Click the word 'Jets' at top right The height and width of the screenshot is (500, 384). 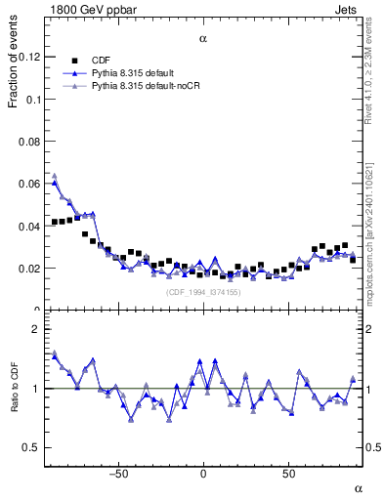(349, 7)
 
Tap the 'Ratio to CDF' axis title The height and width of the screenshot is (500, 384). (13, 405)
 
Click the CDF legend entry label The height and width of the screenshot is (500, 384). (101, 59)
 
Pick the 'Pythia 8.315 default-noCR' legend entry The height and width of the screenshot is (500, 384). (146, 86)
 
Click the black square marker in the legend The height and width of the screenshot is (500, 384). (69, 59)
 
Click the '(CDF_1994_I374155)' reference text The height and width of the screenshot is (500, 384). (203, 292)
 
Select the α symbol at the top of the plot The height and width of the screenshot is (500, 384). (203, 39)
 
